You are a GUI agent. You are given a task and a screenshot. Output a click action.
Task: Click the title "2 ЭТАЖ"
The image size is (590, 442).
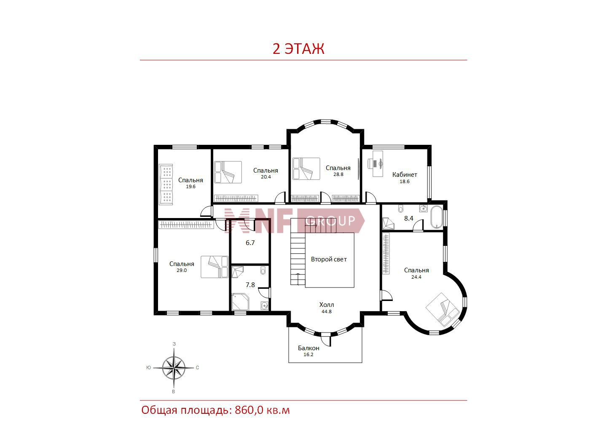[x=298, y=49]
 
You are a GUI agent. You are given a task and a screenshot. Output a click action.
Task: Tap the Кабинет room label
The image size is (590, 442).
[x=405, y=175]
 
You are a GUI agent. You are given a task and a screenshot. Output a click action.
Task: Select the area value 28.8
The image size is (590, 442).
[x=338, y=174]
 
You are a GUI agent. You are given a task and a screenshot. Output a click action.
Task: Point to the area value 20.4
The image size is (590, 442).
[x=266, y=177]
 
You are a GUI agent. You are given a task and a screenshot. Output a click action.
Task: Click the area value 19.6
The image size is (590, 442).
[x=190, y=186]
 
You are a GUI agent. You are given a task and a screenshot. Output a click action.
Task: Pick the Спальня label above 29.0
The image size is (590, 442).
[x=182, y=264]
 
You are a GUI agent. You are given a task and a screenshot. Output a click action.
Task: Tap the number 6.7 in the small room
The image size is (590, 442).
[x=250, y=243]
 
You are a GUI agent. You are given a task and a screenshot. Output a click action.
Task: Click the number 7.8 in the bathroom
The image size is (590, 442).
[x=250, y=285]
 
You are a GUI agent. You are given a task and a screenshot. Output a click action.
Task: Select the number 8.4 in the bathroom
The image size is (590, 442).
[x=408, y=218]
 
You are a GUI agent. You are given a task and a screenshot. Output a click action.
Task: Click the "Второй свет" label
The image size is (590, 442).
[x=329, y=259]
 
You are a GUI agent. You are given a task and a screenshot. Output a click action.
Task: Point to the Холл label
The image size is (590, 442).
[x=327, y=305]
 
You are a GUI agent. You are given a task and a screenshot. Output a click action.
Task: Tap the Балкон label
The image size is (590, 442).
[x=308, y=348]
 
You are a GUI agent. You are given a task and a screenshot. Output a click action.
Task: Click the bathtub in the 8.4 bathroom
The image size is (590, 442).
[x=437, y=217]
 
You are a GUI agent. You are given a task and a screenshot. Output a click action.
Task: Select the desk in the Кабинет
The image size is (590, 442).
[x=378, y=163]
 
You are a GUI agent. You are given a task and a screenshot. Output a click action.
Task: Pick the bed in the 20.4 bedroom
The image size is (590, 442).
[x=228, y=172]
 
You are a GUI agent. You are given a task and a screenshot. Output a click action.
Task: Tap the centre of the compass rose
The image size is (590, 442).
[x=174, y=367]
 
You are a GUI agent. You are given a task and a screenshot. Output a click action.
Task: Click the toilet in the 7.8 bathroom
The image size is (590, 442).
[x=263, y=270]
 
